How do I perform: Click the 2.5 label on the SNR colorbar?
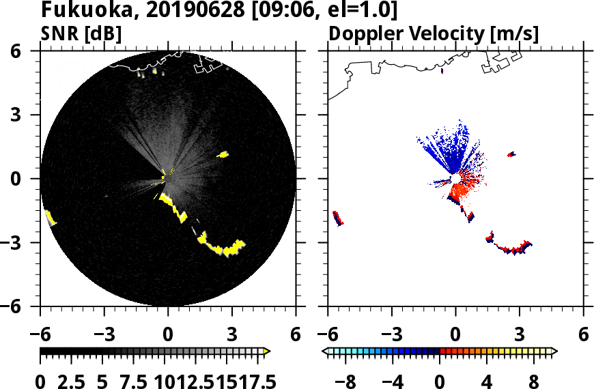(x=78, y=381)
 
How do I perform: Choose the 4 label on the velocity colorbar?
(x=487, y=381)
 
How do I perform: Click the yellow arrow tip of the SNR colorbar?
(x=267, y=351)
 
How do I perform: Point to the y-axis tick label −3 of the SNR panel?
(x=24, y=242)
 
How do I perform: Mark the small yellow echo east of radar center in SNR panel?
(x=223, y=155)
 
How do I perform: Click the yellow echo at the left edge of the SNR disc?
(x=51, y=218)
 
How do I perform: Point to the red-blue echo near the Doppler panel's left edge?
(x=337, y=218)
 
